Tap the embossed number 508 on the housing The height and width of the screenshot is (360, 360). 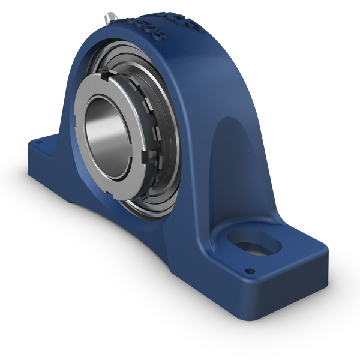pos(143,27)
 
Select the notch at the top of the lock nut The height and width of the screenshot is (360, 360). pos(106,76)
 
